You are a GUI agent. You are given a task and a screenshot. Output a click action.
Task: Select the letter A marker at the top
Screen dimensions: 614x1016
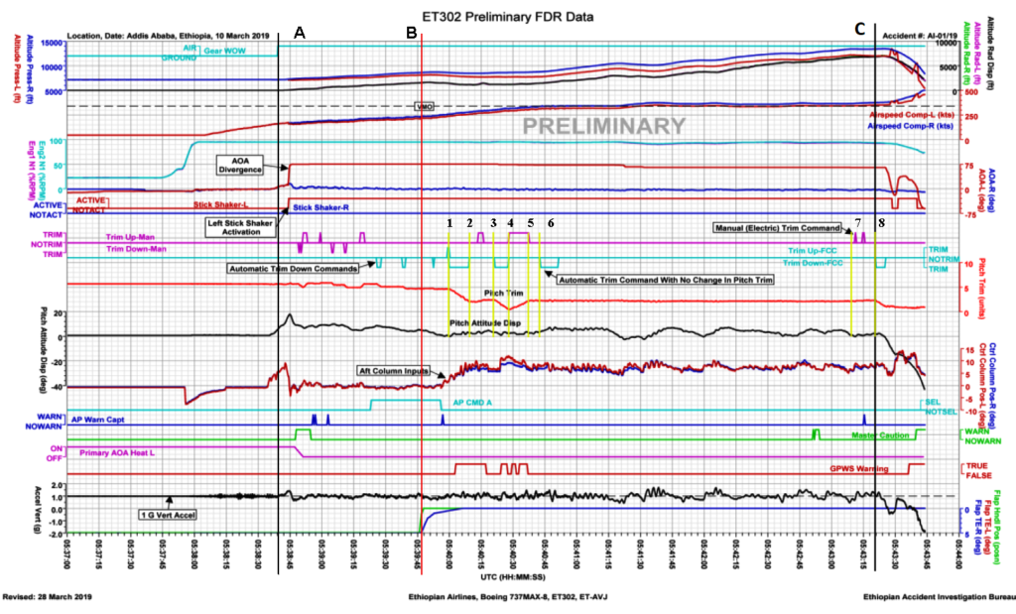coord(300,32)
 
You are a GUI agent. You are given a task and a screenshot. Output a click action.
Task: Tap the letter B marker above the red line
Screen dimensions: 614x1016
coord(412,32)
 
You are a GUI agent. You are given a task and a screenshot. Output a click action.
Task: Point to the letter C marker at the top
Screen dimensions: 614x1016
coord(859,32)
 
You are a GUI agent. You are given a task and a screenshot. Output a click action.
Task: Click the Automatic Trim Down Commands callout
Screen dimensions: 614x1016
coord(294,268)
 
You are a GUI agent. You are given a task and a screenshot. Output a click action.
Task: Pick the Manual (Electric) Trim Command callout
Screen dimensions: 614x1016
coord(780,227)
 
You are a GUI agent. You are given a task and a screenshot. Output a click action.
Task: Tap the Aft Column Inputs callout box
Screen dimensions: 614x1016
coord(394,370)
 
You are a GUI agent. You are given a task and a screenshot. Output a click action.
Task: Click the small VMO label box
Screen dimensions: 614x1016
coord(424,105)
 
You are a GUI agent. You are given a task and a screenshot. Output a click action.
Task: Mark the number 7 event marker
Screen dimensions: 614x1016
coord(858,221)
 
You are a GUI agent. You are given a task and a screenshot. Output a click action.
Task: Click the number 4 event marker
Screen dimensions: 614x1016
coord(511,222)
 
